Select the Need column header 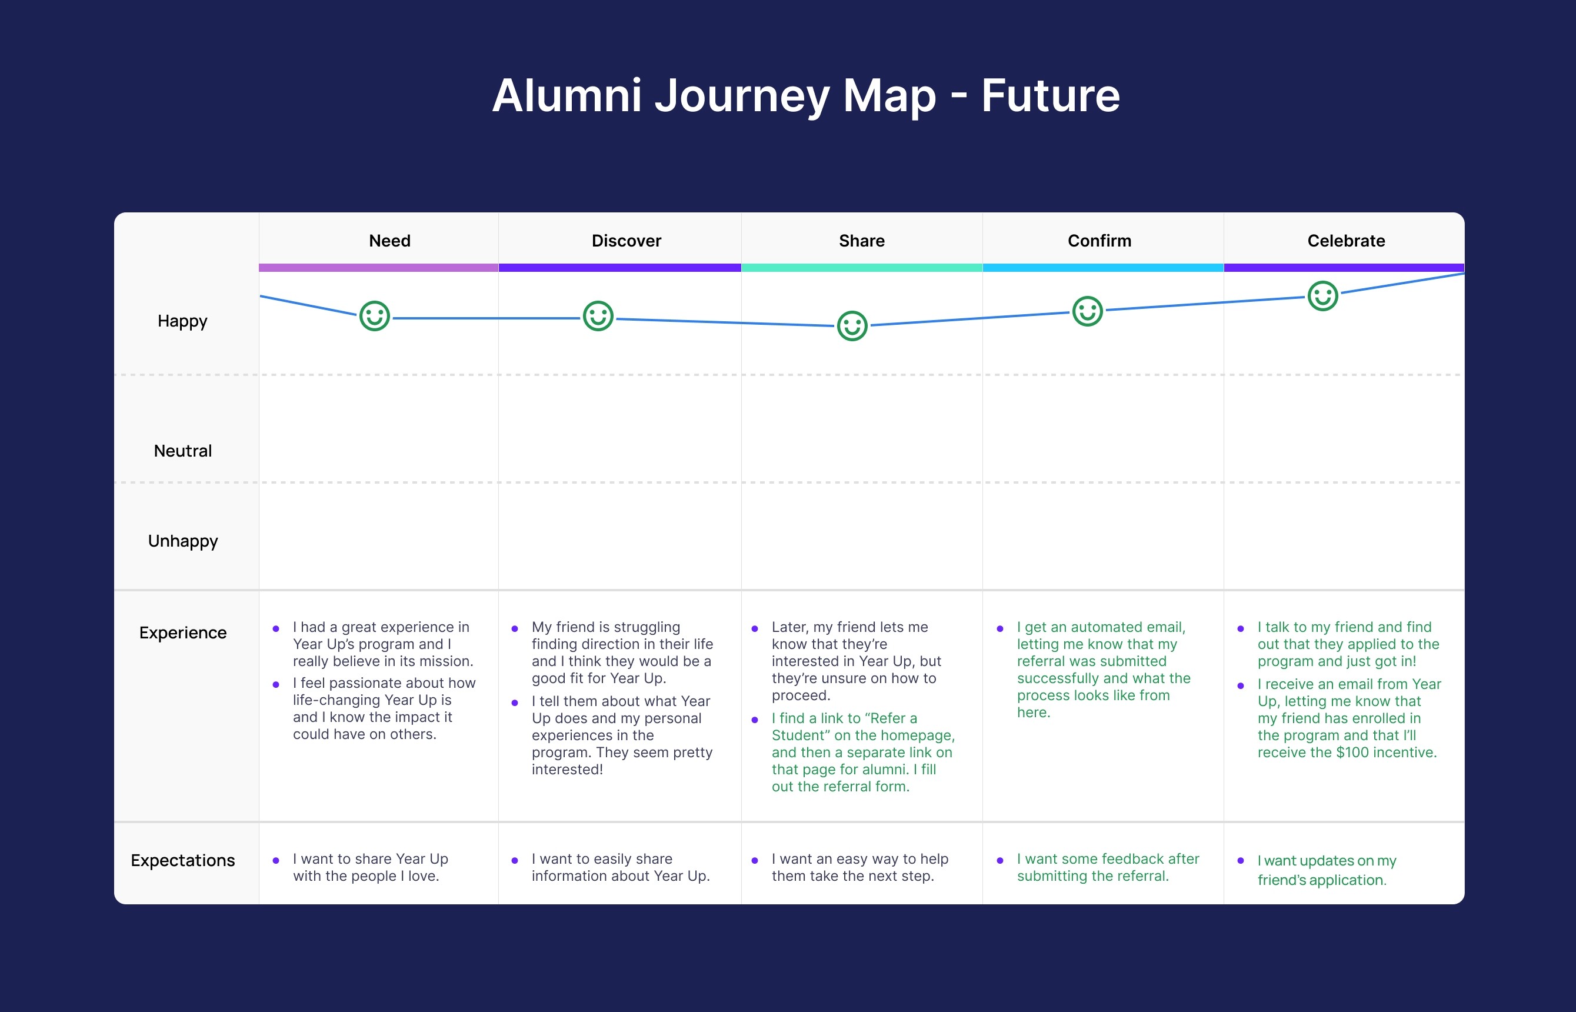[389, 241]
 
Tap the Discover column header [626, 241]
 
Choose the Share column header [861, 241]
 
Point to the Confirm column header [1099, 241]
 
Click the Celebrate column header [1346, 241]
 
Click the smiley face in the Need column [375, 316]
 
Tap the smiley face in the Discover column [598, 316]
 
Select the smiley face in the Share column [852, 325]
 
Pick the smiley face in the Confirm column [1087, 311]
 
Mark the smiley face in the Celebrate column [1322, 296]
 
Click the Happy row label [182, 321]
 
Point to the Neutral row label [182, 451]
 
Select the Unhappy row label [182, 541]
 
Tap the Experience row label [182, 633]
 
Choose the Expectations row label [182, 860]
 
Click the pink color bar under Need [378, 268]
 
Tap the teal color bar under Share [861, 268]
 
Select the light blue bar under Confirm [1102, 268]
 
